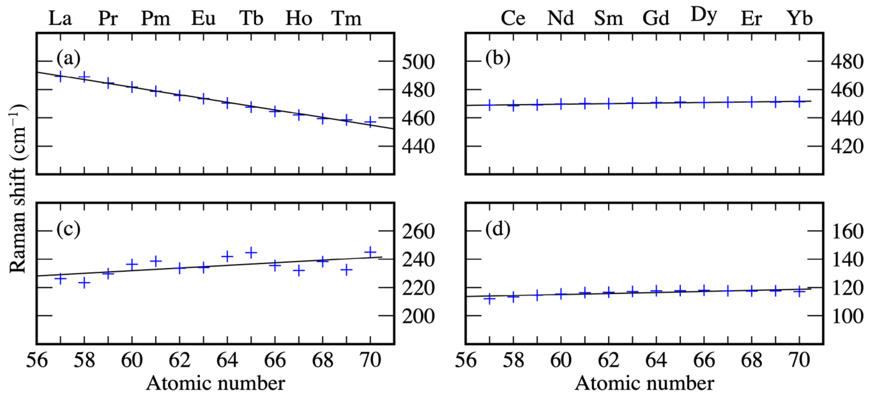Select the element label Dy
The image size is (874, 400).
coord(704,16)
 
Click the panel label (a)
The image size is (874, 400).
coord(68,58)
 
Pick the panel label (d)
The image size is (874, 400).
coord(498,230)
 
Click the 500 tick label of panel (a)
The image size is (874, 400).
coord(418,62)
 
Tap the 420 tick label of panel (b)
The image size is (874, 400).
coord(847,147)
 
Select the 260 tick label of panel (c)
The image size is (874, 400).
coord(418,232)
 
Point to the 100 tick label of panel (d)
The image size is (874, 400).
coord(847,317)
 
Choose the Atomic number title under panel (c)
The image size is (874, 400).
coord(215,384)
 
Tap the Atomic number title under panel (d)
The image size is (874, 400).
coord(645,384)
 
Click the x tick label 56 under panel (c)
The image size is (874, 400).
coord(37,360)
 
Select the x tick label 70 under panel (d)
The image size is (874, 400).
coord(800,360)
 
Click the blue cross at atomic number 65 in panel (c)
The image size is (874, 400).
coord(251,252)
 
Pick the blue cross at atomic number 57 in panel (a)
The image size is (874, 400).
coord(60,77)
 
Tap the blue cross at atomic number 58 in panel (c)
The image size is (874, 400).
coord(84,282)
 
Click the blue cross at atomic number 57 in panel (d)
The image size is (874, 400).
coord(490,299)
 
